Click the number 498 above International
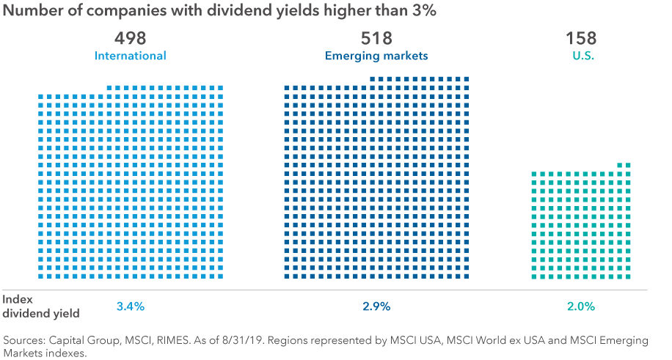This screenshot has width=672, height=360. tap(131, 38)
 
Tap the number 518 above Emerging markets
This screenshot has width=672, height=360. tap(376, 38)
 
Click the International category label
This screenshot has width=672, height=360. tap(131, 56)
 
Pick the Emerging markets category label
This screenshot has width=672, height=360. tap(376, 56)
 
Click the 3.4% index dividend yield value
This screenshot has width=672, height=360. tap(131, 306)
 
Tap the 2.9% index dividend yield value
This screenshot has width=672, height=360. tap(376, 306)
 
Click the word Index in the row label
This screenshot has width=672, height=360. tap(17, 299)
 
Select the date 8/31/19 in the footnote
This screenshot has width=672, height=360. tap(260, 341)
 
